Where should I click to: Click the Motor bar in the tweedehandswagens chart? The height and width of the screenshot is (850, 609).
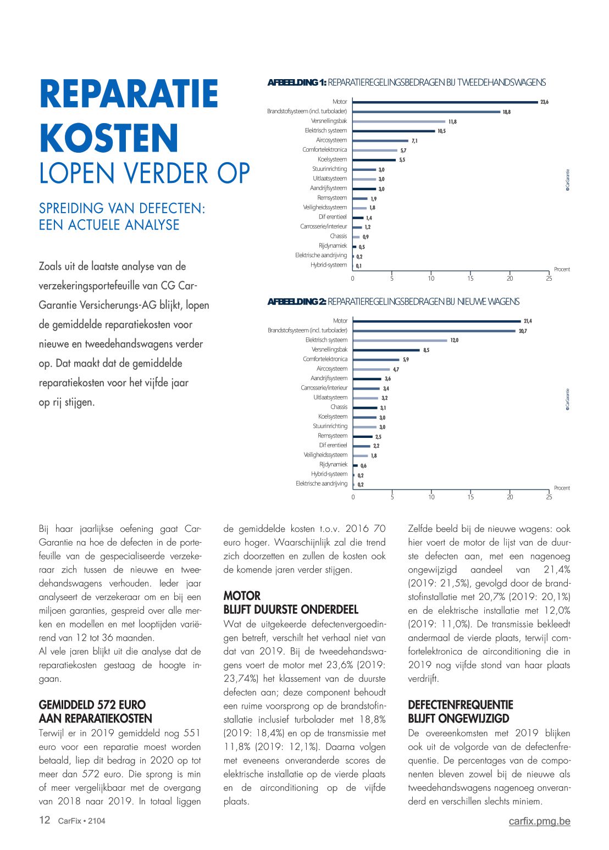pyautogui.click(x=445, y=102)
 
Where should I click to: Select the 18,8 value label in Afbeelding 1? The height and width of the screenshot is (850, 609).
pyautogui.click(x=506, y=112)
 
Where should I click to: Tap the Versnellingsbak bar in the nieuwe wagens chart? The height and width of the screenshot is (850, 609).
pyautogui.click(x=386, y=349)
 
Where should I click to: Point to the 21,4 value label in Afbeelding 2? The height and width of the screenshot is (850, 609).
pyautogui.click(x=528, y=321)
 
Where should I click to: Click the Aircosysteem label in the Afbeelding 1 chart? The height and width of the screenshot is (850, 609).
pyautogui.click(x=331, y=140)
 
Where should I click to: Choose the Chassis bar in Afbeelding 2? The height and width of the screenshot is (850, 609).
pyautogui.click(x=365, y=407)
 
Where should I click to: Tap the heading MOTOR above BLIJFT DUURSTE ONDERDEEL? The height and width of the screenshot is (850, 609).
pyautogui.click(x=242, y=596)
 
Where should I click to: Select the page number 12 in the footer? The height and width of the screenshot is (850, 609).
pyautogui.click(x=45, y=820)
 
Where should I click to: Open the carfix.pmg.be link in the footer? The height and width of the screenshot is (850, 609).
pyautogui.click(x=539, y=821)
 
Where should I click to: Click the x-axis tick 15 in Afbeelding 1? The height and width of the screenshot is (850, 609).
pyautogui.click(x=470, y=279)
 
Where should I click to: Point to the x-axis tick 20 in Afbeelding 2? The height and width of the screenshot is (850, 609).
pyautogui.click(x=510, y=497)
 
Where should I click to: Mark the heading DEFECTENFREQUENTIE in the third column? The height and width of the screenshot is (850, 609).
pyautogui.click(x=460, y=705)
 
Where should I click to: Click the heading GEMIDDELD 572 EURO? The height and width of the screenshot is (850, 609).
pyautogui.click(x=92, y=705)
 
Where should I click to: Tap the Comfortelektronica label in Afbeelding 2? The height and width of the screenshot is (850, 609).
pyautogui.click(x=325, y=359)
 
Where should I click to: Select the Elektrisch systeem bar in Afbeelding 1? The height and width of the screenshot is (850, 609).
pyautogui.click(x=394, y=131)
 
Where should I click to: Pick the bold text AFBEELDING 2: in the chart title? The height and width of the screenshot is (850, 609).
pyautogui.click(x=297, y=302)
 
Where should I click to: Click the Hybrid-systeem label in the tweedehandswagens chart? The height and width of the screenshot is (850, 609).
pyautogui.click(x=329, y=265)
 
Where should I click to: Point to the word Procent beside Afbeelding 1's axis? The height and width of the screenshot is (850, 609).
pyautogui.click(x=562, y=269)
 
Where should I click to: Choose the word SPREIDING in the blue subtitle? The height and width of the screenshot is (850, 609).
pyautogui.click(x=71, y=209)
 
